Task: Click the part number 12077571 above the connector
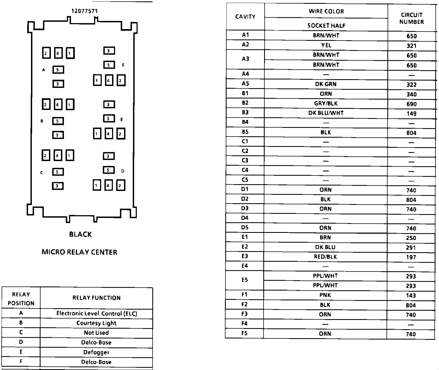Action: click(84, 11)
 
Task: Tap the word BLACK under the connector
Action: click(81, 235)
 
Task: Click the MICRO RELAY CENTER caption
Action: click(79, 252)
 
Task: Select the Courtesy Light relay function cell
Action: click(96, 323)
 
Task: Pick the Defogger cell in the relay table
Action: click(96, 352)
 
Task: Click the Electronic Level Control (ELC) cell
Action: click(97, 313)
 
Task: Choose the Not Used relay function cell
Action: click(96, 333)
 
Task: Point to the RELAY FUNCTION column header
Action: click(96, 298)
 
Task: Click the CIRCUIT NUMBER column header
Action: click(412, 18)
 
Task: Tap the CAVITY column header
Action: click(245, 17)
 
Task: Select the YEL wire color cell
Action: click(326, 45)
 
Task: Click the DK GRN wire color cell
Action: click(326, 84)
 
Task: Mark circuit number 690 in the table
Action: click(412, 104)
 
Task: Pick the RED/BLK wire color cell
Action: click(325, 257)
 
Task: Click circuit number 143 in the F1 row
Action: click(411, 295)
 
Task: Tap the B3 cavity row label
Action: click(245, 112)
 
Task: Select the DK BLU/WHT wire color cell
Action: click(326, 113)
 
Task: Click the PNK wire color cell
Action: click(325, 295)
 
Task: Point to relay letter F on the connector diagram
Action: click(123, 65)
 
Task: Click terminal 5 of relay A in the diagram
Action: click(58, 70)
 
